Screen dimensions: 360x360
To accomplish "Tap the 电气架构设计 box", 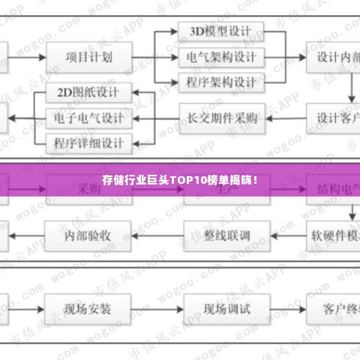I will tap(222, 57).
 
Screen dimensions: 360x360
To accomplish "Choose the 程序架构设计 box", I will tap(222, 81).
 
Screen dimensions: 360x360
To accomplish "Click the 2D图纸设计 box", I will tap(88, 94).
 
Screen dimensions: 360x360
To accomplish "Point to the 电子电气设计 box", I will tap(88, 118).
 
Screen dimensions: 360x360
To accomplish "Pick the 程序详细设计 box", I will tap(88, 142).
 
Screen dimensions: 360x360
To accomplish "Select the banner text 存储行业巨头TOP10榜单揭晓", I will tap(180, 181).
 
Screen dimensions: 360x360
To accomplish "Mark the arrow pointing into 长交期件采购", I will tap(283, 118).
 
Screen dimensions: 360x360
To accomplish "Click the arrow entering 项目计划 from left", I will tap(28, 56).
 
